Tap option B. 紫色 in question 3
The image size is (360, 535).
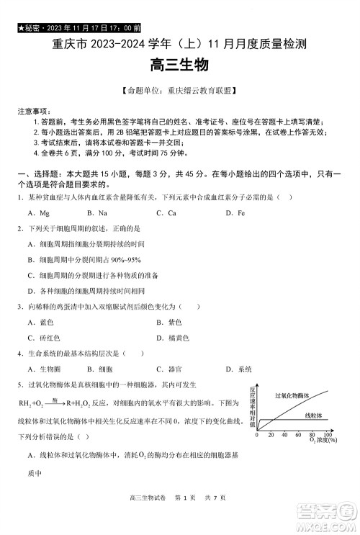[168, 322]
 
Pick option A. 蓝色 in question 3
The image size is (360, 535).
[40, 322]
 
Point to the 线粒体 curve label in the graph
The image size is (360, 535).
[312, 415]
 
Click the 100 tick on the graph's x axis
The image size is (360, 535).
[328, 435]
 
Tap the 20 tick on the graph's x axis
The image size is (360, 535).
[271, 435]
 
